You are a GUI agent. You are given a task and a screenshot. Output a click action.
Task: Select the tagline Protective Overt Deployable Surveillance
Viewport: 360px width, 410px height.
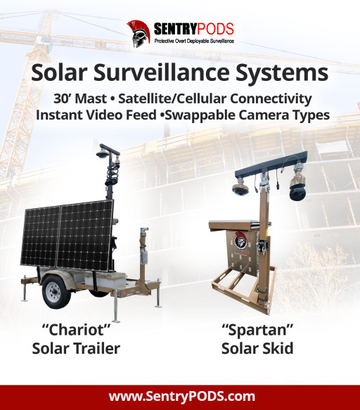click(x=193, y=41)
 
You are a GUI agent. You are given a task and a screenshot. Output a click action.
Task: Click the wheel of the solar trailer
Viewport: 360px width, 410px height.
click(x=55, y=290)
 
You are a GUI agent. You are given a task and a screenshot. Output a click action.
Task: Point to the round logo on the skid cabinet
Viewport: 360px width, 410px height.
click(x=240, y=238)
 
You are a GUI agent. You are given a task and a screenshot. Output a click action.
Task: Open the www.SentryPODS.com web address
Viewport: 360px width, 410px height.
click(x=180, y=396)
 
